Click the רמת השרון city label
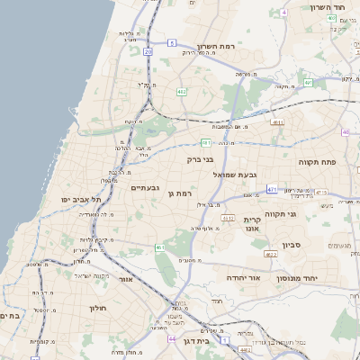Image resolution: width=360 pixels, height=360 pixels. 215,46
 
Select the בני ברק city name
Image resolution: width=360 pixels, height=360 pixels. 200,159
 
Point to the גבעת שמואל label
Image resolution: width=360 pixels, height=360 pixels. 236,174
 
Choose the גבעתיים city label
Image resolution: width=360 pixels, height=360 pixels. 145,187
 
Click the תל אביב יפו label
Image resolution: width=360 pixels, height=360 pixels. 79,198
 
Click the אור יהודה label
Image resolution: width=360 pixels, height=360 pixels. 244,278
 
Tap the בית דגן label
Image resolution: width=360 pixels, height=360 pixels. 209,341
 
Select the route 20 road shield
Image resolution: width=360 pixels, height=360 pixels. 148,53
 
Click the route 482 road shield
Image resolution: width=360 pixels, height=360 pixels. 182,91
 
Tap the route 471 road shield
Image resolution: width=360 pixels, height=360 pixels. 272,190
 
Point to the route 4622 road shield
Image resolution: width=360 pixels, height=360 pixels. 270,255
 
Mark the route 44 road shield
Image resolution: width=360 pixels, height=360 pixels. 171,339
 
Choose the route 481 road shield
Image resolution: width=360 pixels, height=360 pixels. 206,142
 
